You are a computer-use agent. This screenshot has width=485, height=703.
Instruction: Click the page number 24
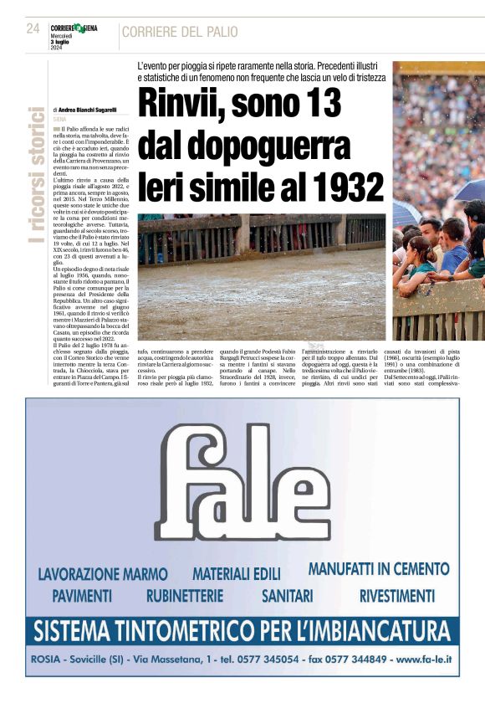(x=33, y=28)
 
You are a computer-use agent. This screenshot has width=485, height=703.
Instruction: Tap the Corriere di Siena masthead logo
(x=74, y=28)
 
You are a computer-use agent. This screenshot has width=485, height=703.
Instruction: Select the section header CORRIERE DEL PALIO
(x=180, y=33)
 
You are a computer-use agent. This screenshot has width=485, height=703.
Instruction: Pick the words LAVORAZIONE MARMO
(x=103, y=574)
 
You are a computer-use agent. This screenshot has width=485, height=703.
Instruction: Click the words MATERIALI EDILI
(x=237, y=574)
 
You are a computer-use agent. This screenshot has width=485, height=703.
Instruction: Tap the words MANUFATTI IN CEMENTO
(x=379, y=569)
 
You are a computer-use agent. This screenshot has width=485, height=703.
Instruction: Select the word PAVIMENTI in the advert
(x=82, y=596)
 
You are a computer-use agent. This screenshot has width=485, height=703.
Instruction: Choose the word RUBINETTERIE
(x=185, y=596)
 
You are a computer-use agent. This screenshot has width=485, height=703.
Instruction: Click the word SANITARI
(x=287, y=596)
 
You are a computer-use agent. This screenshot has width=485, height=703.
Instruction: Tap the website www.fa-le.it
(x=423, y=659)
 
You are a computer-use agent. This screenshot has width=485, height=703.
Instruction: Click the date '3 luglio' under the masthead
(x=62, y=42)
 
